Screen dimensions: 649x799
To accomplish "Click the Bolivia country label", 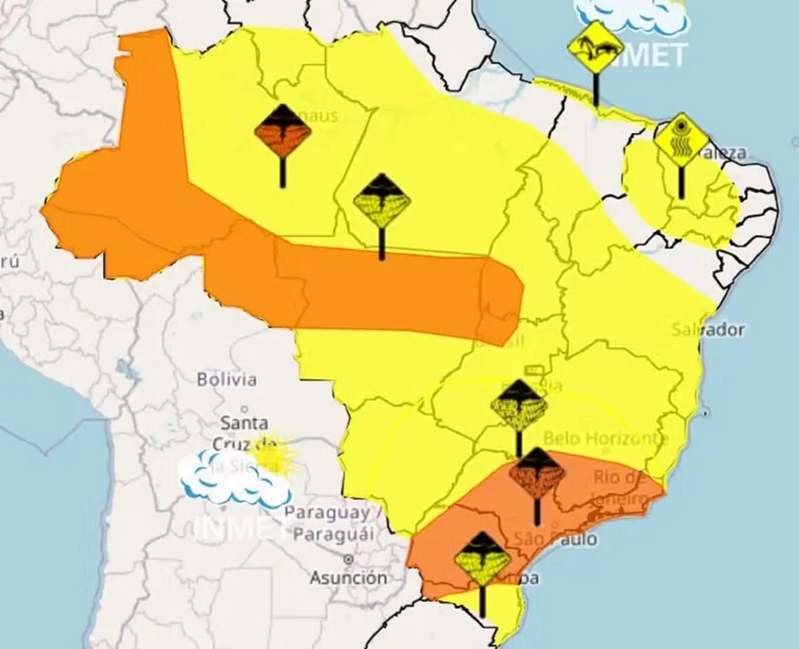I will click(226, 379).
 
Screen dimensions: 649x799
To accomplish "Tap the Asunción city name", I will click(348, 578).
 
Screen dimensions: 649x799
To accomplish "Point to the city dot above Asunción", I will click(348, 559).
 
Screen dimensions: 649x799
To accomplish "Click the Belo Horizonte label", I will click(605, 438).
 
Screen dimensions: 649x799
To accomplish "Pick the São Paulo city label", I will click(555, 539).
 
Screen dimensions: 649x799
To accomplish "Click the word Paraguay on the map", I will click(327, 513).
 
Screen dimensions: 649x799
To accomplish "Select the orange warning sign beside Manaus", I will click(282, 131).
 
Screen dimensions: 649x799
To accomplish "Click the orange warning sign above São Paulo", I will click(537, 473).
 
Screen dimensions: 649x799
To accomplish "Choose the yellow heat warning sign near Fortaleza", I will click(681, 141).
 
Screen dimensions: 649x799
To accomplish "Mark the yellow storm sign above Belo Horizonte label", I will click(518, 407).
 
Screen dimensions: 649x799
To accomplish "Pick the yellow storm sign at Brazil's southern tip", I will click(482, 559).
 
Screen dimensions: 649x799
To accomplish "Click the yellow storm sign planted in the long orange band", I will click(382, 201).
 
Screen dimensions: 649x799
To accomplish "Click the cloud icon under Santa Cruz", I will click(233, 478).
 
